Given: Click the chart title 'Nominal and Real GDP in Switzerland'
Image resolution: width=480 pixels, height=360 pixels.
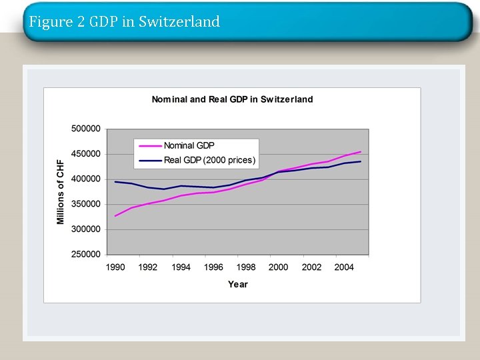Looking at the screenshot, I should (232, 99).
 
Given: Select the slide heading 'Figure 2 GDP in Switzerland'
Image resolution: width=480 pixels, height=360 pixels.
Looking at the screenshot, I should (124, 22).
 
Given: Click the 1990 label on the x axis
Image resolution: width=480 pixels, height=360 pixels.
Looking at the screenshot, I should (115, 267).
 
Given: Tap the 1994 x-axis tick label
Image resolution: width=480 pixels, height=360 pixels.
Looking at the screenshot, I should (181, 267).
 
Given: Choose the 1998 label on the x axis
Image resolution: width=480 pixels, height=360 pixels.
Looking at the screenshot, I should (246, 267).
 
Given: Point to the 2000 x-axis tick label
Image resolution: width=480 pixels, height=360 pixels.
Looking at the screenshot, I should (279, 267).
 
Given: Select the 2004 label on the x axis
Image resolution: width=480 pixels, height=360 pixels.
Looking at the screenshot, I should (344, 267).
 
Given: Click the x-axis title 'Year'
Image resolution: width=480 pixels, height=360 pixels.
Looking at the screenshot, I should (237, 284).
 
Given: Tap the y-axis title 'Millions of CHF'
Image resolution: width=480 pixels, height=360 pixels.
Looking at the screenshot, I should (61, 191).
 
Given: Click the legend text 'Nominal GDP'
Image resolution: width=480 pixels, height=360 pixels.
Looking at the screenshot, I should (189, 145).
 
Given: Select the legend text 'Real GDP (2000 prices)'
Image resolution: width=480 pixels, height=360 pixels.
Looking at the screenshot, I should (209, 160).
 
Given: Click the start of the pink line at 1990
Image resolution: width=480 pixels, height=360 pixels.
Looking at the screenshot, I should (115, 216).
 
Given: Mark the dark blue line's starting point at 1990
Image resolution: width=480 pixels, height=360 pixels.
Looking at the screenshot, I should (115, 181).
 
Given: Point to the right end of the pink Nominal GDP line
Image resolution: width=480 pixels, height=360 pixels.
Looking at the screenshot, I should (361, 151).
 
